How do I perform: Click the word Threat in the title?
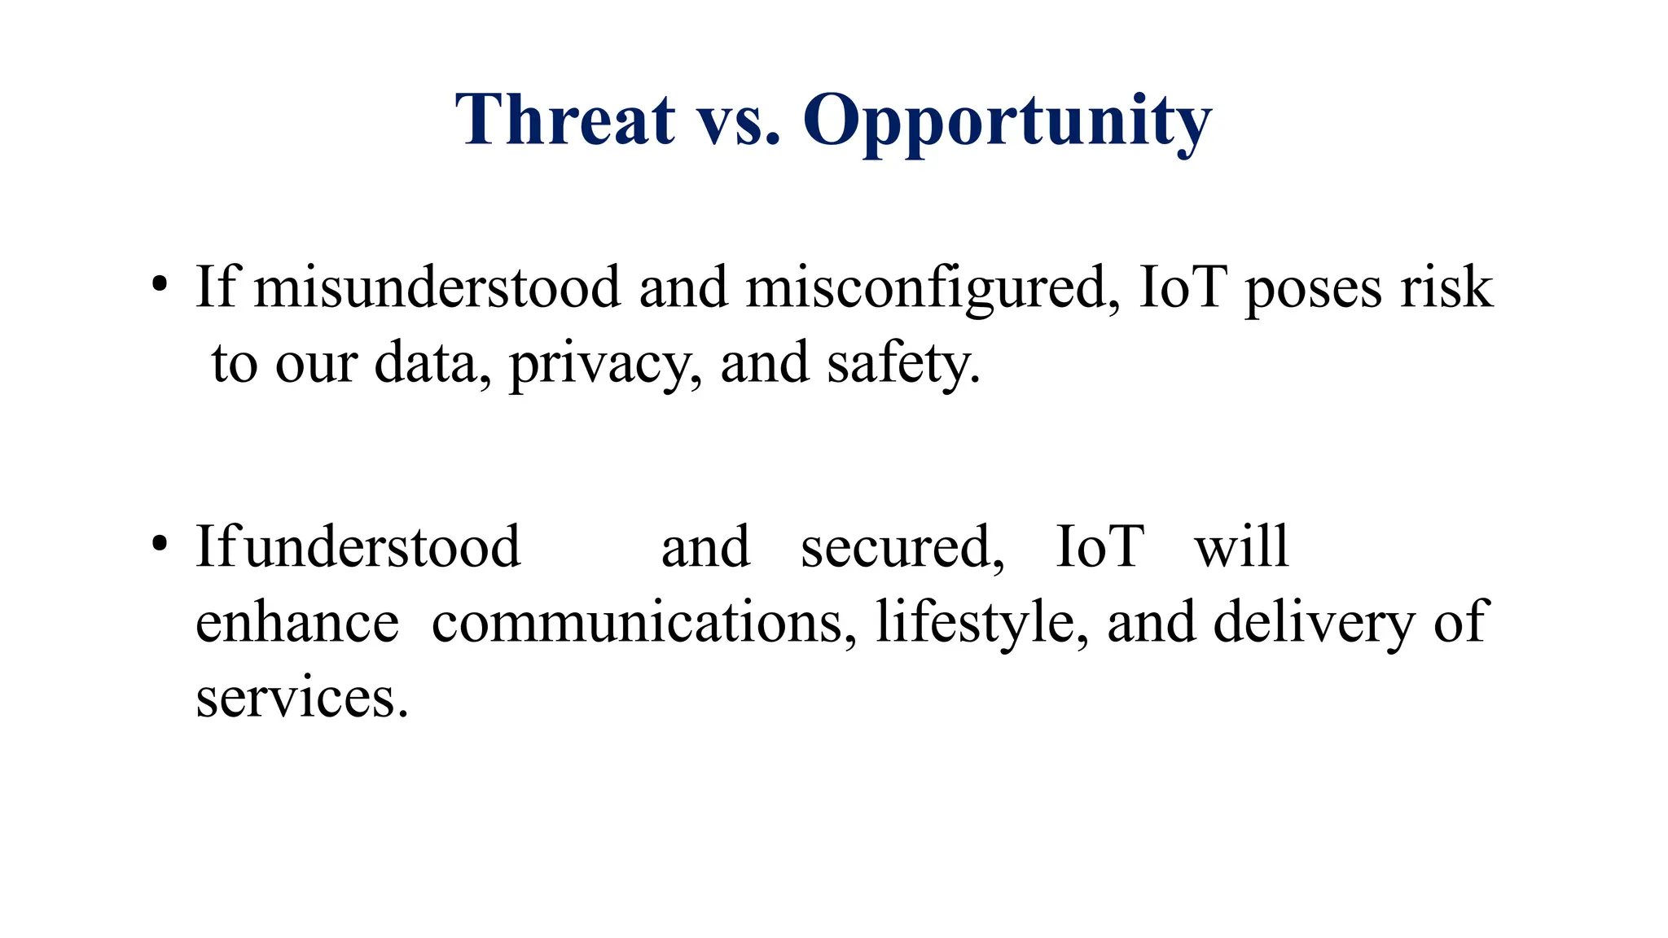(565, 120)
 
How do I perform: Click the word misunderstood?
(437, 287)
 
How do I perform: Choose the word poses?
(1313, 288)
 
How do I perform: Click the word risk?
(1446, 287)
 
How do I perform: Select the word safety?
(903, 364)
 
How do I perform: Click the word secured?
(902, 547)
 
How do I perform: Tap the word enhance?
(297, 622)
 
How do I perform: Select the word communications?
(643, 622)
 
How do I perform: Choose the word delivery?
(1314, 622)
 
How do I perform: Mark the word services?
(301, 698)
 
